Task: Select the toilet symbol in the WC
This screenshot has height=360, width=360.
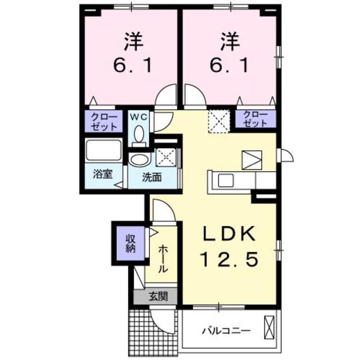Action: pos(140,135)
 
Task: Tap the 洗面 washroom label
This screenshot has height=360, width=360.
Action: pos(151,177)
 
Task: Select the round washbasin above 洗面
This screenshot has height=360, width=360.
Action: pos(137,160)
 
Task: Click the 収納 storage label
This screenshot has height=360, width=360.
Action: pos(130,242)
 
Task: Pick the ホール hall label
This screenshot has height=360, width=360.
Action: pos(163,259)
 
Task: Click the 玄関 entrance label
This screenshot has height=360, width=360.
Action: pos(156,296)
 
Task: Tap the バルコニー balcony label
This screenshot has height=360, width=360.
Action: pos(226,330)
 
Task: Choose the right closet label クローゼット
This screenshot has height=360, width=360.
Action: pos(256,119)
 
